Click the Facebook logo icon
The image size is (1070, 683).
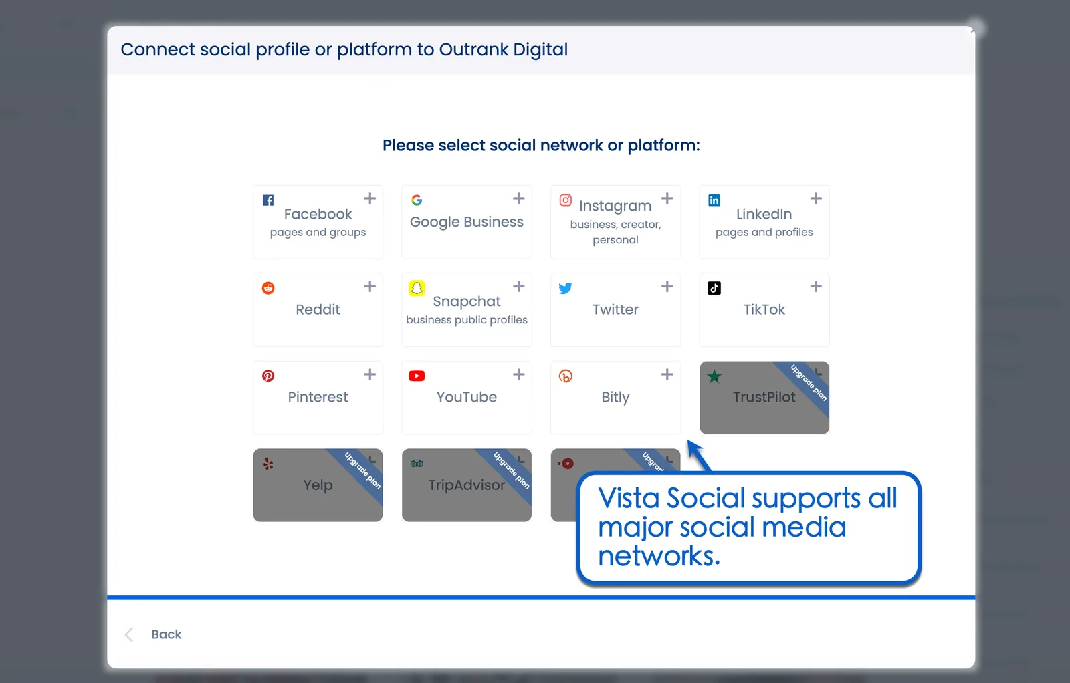coord(268,200)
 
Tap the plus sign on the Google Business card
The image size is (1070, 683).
coord(518,198)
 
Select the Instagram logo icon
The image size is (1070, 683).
coord(566,200)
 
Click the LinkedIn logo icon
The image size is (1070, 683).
coord(714,200)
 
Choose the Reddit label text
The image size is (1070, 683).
coord(318,309)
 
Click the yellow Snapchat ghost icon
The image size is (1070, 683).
coord(417,288)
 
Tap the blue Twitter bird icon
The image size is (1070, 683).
coord(566,288)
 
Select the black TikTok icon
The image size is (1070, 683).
coord(714,288)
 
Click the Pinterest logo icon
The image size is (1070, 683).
coord(268,376)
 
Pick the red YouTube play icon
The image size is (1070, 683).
coord(417,376)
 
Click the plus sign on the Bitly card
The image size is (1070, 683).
coord(667,374)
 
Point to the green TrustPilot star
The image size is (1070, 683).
coord(714,376)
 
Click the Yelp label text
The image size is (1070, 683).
coord(318,485)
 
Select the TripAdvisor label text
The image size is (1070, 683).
coord(467,485)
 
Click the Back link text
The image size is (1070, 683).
coord(167,634)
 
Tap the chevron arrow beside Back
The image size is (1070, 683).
coord(129,634)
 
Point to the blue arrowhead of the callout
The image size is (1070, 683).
coord(693,446)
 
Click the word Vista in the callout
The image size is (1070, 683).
coord(629,499)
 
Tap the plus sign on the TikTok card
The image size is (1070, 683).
coord(816,287)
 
